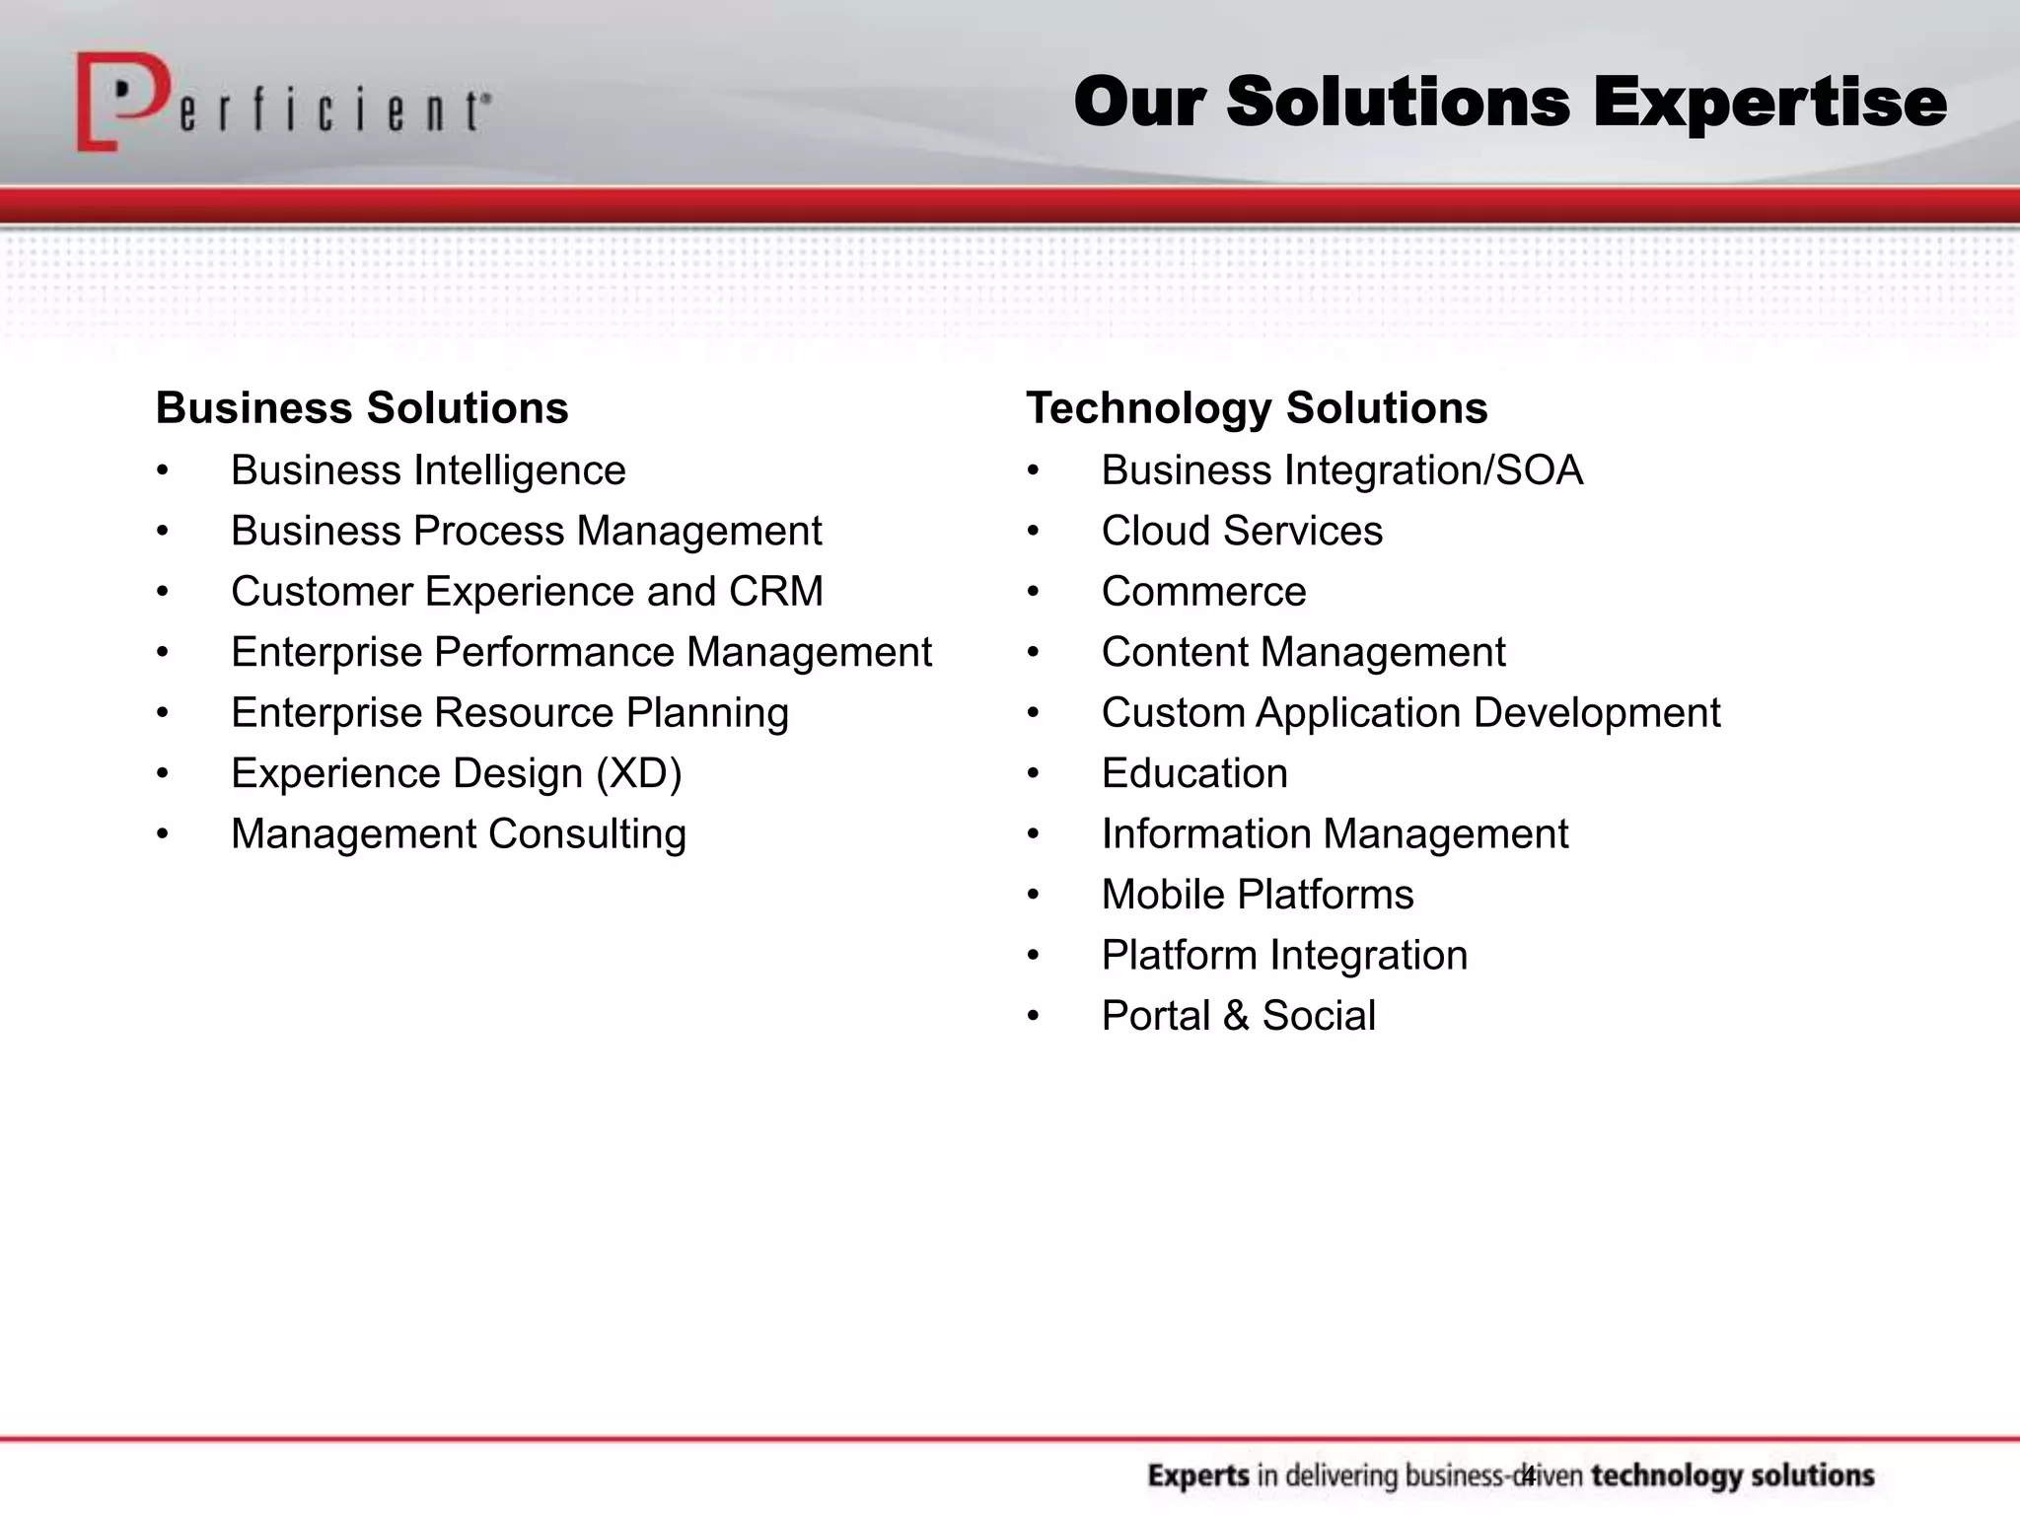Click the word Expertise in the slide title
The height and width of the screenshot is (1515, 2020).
(1769, 103)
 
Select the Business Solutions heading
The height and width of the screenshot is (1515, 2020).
(362, 408)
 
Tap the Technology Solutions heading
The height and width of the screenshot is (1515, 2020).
(1257, 408)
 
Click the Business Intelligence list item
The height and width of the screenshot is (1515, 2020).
(428, 470)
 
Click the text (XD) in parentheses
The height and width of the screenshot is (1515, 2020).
(638, 773)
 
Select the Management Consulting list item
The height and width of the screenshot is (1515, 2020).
(459, 834)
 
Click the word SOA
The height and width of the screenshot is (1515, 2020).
(1540, 470)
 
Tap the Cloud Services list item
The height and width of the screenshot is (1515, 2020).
(1242, 532)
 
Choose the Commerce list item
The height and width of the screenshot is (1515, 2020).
(1203, 592)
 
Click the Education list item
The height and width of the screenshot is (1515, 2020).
(1194, 773)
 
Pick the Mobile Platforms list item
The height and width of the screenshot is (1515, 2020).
(1258, 895)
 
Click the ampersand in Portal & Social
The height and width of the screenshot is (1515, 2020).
(1236, 1017)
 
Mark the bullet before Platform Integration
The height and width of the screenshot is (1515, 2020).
(1033, 956)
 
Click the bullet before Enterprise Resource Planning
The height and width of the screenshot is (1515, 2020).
(163, 713)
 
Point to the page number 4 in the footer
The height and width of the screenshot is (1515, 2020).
(1528, 1476)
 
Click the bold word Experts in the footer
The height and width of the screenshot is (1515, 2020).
(1198, 1477)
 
